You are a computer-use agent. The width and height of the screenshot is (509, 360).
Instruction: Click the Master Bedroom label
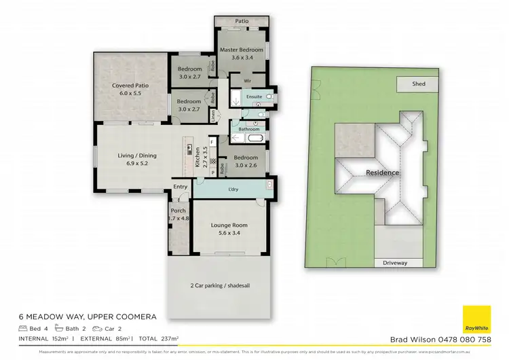[x=242, y=50]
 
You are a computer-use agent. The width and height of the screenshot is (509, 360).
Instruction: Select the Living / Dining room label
[x=137, y=156]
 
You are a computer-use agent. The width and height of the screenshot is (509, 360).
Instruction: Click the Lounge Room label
[x=229, y=225]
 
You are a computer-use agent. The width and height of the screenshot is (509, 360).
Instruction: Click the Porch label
[x=178, y=211]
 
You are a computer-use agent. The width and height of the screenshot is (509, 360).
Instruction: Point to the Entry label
[x=180, y=187]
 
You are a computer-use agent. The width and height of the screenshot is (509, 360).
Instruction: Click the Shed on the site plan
[x=419, y=85]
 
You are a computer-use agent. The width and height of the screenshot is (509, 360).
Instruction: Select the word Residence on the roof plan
[x=383, y=173]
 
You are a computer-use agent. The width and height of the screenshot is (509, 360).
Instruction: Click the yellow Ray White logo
[x=476, y=320]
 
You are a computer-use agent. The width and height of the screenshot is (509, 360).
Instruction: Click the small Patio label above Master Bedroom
[x=242, y=21]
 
